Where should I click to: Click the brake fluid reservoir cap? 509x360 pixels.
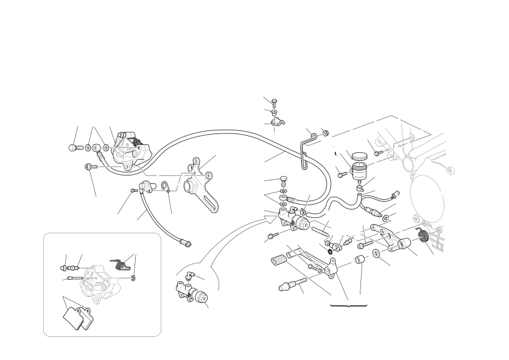[359, 155]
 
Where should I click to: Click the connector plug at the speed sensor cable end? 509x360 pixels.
[188, 244]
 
